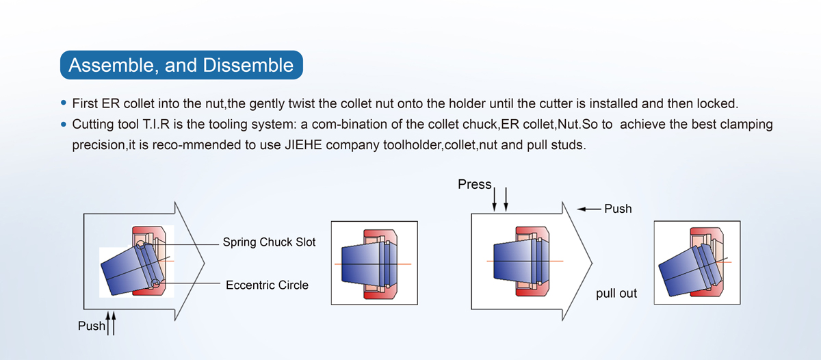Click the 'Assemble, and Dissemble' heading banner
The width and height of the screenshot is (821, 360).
pos(181,66)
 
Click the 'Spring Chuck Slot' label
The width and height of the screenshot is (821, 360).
pos(269,242)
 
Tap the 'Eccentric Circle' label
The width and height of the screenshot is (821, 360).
pos(267,285)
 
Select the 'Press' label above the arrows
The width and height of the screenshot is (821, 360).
pos(475,185)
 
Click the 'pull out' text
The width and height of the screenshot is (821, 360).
pos(616,293)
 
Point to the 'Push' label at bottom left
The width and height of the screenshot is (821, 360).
pos(92,326)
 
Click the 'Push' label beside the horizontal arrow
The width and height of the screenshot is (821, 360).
pos(618,208)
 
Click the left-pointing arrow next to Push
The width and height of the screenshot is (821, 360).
pos(588,208)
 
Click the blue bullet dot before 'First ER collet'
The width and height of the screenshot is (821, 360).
pos(64,104)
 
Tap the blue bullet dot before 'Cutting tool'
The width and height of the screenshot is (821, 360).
pos(64,125)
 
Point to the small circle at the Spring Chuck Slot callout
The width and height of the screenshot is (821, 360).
pos(140,244)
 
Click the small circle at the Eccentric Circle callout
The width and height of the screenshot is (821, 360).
pos(156,283)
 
